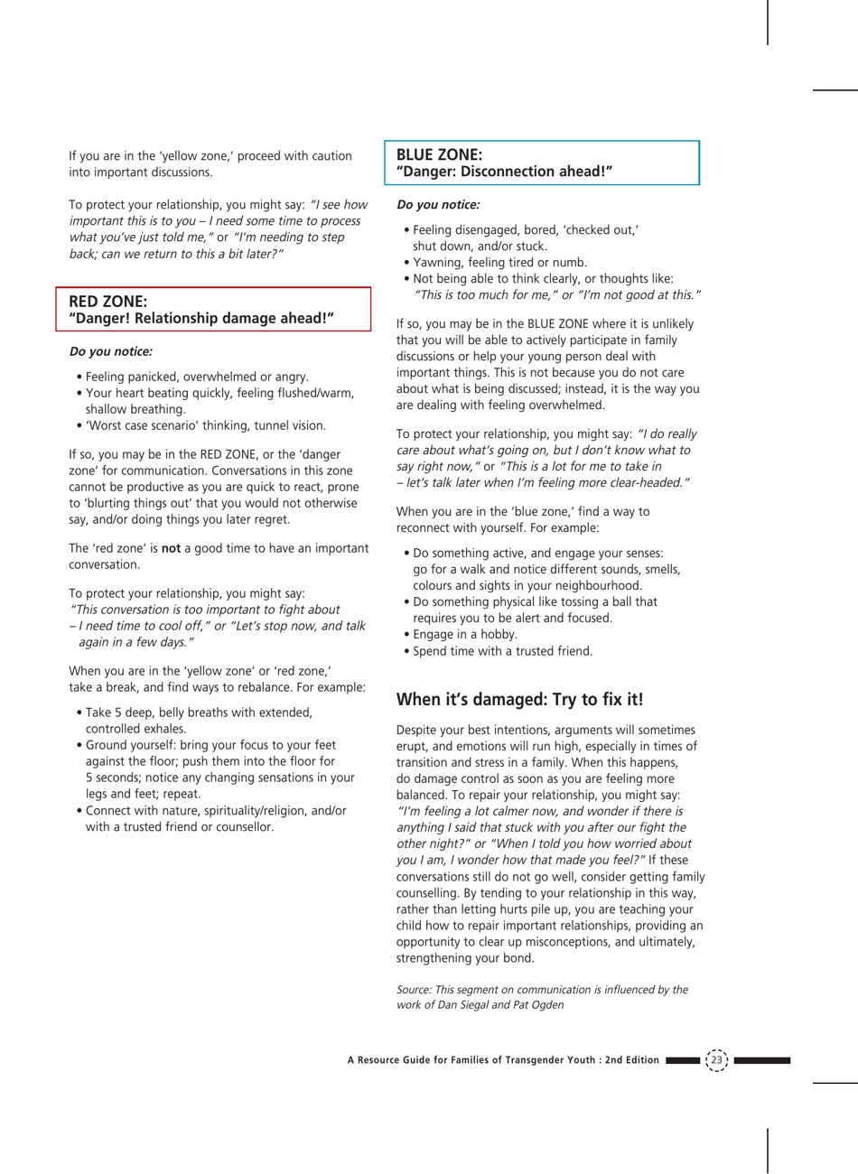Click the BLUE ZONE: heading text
(x=439, y=154)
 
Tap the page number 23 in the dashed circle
(x=717, y=1059)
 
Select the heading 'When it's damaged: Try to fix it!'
(x=519, y=699)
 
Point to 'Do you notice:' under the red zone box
(x=110, y=351)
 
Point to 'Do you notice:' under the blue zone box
(x=438, y=205)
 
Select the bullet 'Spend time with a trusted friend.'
(x=502, y=651)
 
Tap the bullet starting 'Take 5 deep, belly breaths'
(x=199, y=713)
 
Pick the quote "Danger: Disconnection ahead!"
(x=504, y=172)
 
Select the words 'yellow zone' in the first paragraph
(x=171, y=156)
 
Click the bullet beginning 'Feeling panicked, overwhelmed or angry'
(x=197, y=377)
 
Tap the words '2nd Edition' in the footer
(x=632, y=1060)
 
